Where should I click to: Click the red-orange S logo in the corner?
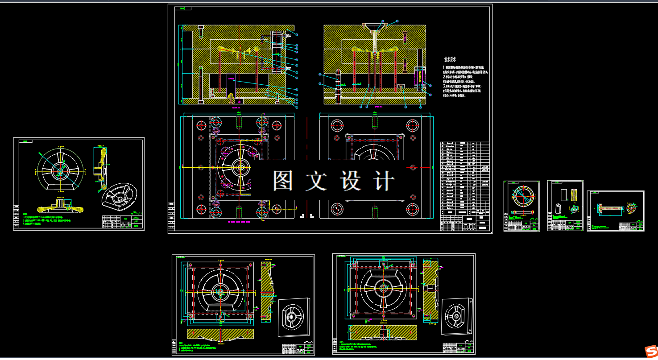[652, 350]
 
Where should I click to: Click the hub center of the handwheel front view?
[60, 170]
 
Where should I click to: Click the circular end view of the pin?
[631, 207]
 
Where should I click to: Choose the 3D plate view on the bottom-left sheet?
[293, 317]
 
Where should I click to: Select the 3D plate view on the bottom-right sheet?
[456, 315]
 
